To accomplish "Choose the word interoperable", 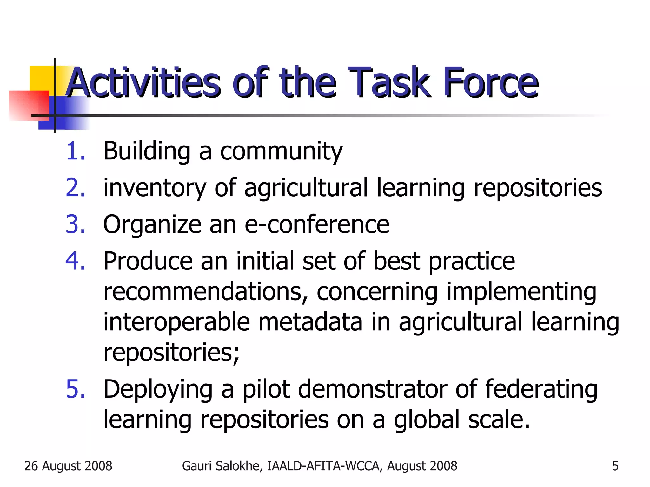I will click(176, 322).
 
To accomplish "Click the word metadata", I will click(310, 322).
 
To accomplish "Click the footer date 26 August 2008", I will click(68, 466).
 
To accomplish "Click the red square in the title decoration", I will click(29, 105).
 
